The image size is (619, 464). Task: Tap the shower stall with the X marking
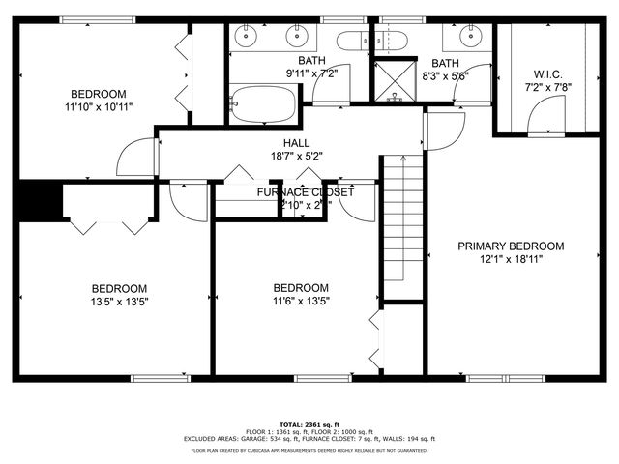point(392,80)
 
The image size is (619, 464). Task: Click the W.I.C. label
point(547,74)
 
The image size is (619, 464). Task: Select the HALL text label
point(296,142)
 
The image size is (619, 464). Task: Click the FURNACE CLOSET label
point(305,192)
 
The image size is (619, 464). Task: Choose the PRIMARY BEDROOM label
point(511,246)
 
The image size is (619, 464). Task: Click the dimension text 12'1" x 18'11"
point(511,259)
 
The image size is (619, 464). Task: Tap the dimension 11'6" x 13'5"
point(301,301)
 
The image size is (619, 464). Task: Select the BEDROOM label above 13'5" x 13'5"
point(120,288)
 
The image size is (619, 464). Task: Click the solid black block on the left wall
point(38,200)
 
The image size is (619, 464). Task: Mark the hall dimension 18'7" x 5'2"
point(296,155)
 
